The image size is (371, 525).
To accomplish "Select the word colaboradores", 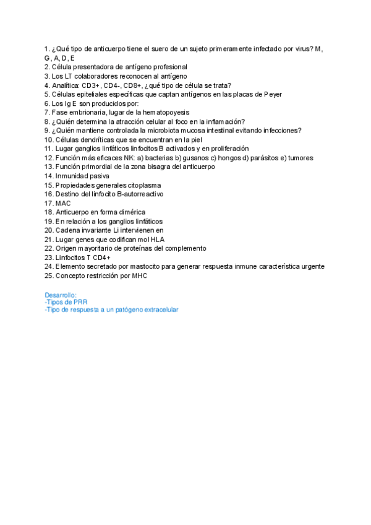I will (x=92, y=76).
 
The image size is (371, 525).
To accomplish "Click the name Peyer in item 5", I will (x=273, y=94).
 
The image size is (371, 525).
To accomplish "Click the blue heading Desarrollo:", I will (x=61, y=295).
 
